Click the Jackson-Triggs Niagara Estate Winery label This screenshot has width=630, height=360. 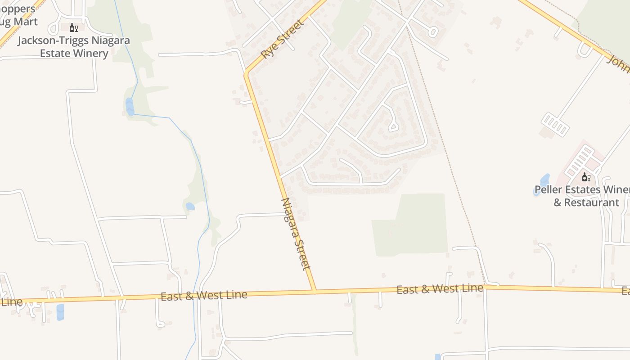click(74, 47)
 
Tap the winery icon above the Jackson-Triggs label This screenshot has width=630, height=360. click(74, 28)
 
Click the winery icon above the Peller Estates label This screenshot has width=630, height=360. click(586, 177)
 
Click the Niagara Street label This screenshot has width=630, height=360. click(296, 234)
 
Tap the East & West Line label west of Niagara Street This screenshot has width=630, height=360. click(204, 296)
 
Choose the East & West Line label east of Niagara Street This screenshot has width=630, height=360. click(440, 288)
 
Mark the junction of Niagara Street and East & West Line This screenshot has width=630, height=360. click(315, 291)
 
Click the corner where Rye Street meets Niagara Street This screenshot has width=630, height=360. click(247, 73)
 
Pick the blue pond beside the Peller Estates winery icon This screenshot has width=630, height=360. click(544, 180)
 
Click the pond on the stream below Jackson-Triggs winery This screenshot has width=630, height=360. click(130, 107)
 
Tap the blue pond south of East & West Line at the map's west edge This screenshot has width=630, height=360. click(60, 311)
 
